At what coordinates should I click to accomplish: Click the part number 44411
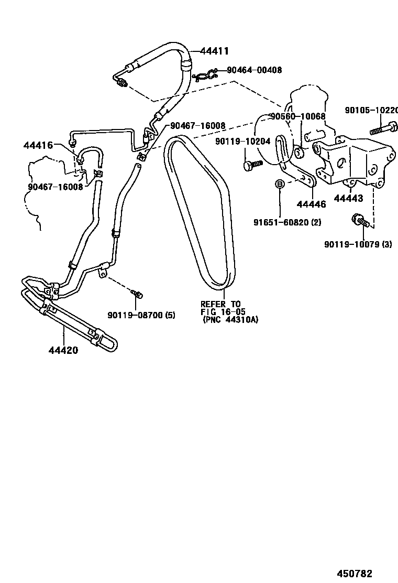[215, 51]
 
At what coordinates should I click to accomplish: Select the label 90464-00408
[255, 70]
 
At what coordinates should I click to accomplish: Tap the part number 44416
[38, 145]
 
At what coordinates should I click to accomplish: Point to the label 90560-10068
[297, 116]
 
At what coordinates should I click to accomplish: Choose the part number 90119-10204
[242, 141]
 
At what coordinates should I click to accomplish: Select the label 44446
[311, 204]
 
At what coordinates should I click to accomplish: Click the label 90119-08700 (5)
[141, 315]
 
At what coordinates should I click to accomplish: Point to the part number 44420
[64, 350]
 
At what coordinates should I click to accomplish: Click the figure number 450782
[358, 574]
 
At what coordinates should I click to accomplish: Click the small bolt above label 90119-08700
[137, 294]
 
